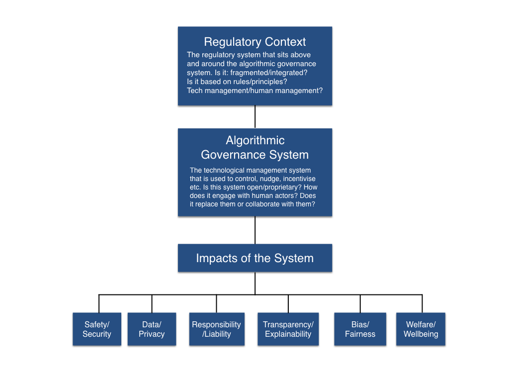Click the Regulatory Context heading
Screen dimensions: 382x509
click(254, 42)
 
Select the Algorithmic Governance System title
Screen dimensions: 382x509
click(254, 148)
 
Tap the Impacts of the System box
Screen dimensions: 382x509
click(254, 258)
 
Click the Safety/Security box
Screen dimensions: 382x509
click(97, 329)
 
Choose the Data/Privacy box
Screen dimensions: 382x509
click(152, 329)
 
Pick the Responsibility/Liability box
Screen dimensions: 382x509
click(217, 329)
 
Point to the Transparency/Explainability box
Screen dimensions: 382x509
click(288, 329)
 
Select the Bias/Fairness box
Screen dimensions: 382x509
click(360, 329)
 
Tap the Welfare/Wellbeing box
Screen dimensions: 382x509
click(421, 329)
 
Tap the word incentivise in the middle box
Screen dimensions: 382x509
click(299, 179)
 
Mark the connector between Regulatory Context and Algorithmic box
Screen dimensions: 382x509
click(255, 117)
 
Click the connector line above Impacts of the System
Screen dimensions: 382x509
click(255, 230)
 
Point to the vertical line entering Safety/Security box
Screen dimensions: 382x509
click(99, 303)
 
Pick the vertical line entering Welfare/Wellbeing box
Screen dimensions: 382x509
click(422, 303)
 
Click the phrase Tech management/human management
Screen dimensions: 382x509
click(254, 91)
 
